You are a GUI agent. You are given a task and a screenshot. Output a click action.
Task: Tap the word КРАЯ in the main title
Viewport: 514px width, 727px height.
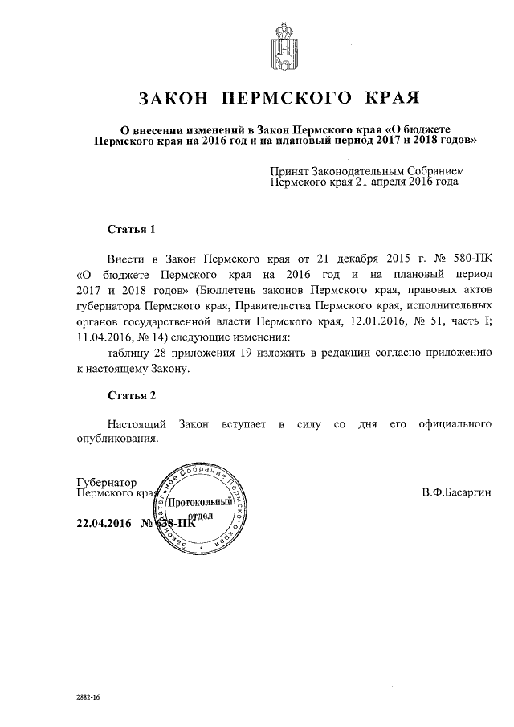coord(392,99)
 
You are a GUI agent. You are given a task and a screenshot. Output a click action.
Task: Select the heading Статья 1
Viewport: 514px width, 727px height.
coord(131,229)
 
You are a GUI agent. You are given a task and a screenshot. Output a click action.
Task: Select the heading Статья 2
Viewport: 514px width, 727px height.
coord(131,395)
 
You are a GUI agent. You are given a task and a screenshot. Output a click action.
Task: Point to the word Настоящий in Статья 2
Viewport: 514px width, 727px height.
coord(137,423)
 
